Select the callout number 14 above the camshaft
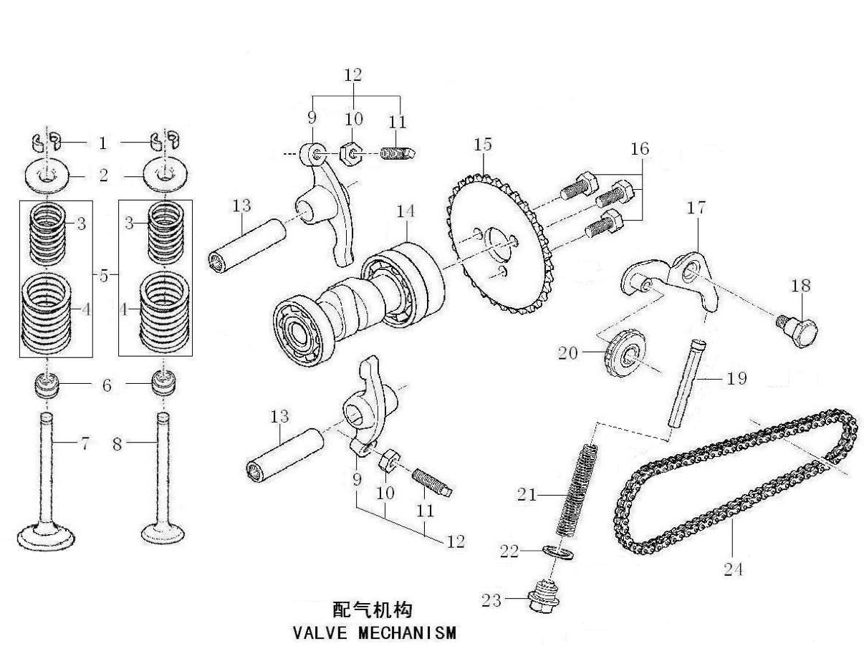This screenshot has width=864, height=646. click(406, 212)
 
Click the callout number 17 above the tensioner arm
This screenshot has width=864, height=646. click(696, 208)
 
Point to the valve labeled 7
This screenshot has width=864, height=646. click(46, 473)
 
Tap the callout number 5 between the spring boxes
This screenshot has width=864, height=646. click(105, 276)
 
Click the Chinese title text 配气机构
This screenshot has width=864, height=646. click(373, 610)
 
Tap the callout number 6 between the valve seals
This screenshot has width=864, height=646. click(107, 385)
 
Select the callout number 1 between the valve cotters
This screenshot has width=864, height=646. click(102, 143)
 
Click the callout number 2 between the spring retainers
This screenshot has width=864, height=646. click(104, 175)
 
